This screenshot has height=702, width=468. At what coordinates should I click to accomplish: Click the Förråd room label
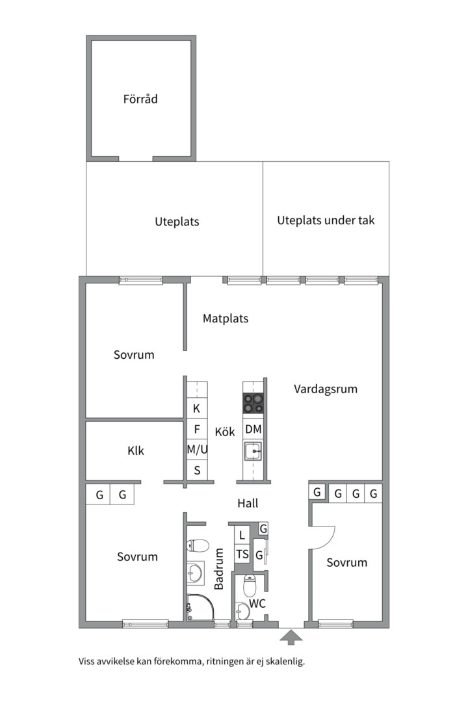tap(140, 99)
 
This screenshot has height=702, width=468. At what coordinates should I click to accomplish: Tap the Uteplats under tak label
tap(326, 220)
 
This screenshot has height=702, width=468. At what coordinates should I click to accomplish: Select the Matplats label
tap(226, 318)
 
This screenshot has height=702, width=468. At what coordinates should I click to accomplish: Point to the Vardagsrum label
tap(326, 389)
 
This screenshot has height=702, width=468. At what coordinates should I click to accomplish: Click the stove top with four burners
tap(253, 404)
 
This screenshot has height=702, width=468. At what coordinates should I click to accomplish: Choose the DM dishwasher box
tap(253, 429)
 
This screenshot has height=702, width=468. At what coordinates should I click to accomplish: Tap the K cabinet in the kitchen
tap(197, 409)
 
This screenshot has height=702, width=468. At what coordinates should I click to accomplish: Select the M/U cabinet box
tap(197, 449)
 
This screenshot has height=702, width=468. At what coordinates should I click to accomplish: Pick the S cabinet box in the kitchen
tap(197, 470)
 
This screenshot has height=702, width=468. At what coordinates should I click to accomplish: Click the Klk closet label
tap(136, 450)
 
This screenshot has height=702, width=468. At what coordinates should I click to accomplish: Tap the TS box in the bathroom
tap(242, 554)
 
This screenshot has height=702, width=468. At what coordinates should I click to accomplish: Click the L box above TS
tap(242, 536)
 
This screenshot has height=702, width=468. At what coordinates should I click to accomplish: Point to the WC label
tap(258, 604)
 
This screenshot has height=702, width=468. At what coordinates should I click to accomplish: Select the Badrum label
tap(219, 569)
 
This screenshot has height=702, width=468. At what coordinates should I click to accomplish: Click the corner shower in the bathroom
tap(199, 608)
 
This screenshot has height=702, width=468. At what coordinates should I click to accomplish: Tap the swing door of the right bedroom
tap(323, 536)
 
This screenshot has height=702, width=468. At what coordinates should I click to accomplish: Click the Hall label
tap(248, 503)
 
